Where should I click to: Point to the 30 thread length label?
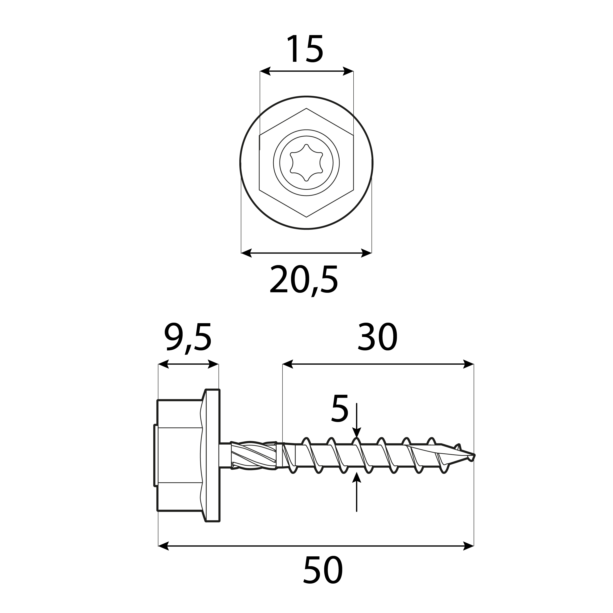pos(378,337)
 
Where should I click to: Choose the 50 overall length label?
pos(323,570)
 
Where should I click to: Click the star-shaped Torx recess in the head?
pos(306,163)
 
